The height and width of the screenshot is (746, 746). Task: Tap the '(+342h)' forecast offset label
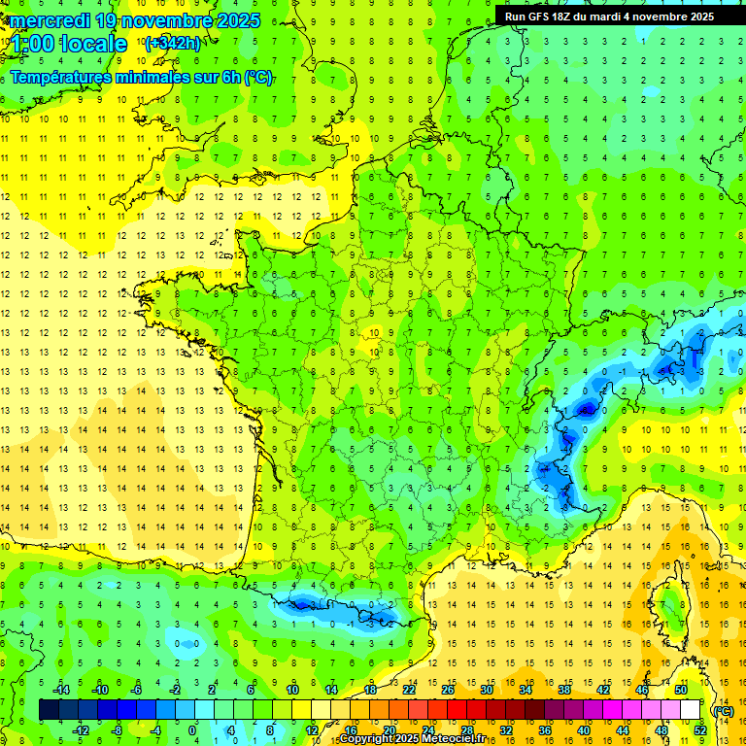point(172,43)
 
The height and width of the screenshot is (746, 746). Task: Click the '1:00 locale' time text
point(70,44)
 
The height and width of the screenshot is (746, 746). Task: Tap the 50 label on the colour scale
point(681,690)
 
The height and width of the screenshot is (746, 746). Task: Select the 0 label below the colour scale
point(192,729)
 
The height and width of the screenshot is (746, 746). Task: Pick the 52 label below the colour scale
point(700,729)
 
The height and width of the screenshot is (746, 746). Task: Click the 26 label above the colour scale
point(447,690)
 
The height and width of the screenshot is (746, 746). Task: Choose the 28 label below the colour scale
point(466,729)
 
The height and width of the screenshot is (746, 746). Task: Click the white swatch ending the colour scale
point(691,710)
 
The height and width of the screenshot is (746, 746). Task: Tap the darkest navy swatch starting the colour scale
point(49,710)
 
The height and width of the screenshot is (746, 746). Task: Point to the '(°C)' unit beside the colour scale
point(723,710)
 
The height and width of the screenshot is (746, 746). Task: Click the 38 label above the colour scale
point(564,690)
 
